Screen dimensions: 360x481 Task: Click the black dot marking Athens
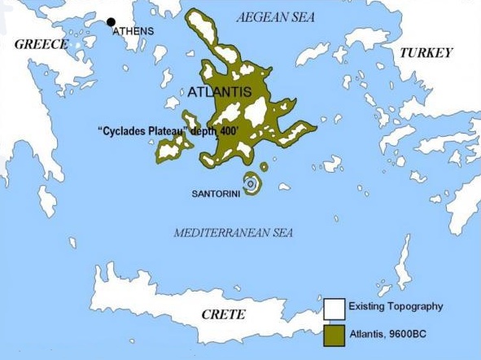click(x=111, y=22)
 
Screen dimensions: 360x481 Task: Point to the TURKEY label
click(x=425, y=52)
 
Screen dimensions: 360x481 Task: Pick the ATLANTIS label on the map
click(x=220, y=92)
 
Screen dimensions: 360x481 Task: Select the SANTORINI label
click(x=215, y=195)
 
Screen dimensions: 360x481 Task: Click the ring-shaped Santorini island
click(x=251, y=185)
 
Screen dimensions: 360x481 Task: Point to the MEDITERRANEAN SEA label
click(x=234, y=234)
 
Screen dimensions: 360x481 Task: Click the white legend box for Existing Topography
click(x=333, y=309)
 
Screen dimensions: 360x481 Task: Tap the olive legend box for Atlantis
click(x=333, y=333)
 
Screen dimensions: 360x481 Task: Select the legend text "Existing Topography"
click(x=396, y=307)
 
